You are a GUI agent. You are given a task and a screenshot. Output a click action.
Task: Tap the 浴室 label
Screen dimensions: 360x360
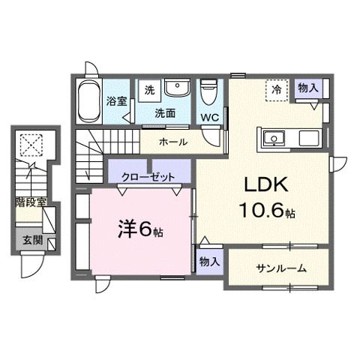tap(116, 100)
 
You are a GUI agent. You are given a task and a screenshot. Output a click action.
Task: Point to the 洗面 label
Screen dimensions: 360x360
tap(165, 113)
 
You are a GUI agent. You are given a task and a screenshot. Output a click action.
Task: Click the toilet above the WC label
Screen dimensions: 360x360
tap(209, 94)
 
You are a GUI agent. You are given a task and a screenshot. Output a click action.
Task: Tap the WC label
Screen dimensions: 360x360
tap(210, 117)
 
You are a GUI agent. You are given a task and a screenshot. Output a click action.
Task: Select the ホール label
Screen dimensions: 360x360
tap(174, 142)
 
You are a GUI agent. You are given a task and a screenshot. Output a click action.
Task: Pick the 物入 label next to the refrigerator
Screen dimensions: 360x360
tap(307, 88)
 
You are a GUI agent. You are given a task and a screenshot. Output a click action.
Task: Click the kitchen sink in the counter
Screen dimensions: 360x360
tap(271, 138)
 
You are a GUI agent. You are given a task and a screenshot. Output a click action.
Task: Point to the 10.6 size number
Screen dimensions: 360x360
tap(256, 212)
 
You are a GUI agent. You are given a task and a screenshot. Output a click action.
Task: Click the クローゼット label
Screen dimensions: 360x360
tap(148, 176)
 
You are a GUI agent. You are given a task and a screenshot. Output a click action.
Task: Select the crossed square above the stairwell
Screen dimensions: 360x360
tap(31, 142)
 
